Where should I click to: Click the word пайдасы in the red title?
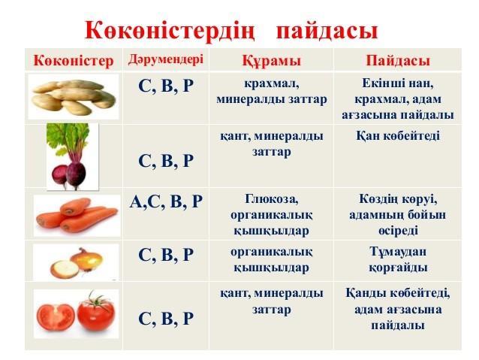[327, 32]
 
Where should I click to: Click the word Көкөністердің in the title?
[170, 31]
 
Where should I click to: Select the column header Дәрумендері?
[166, 59]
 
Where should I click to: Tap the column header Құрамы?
[272, 60]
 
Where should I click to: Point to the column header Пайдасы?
[398, 61]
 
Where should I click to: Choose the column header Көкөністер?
[74, 61]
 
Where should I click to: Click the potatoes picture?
[74, 97]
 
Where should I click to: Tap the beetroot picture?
[72, 156]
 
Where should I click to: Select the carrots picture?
[77, 216]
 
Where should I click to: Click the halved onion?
[65, 270]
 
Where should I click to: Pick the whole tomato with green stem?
[96, 312]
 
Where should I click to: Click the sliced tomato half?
[56, 317]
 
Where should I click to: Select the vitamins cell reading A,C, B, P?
[166, 202]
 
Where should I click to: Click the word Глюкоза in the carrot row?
[272, 199]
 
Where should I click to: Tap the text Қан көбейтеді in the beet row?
[398, 136]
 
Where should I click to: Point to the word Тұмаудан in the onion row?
[398, 252]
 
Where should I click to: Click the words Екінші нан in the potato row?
[398, 83]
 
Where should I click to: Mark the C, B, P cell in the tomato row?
[166, 319]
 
